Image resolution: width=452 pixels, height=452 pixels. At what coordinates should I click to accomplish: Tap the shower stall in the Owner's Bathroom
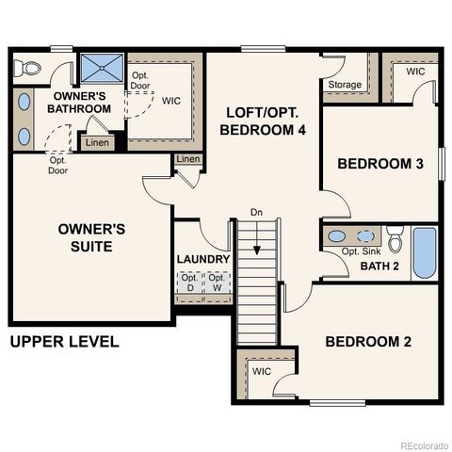pyautogui.click(x=95, y=69)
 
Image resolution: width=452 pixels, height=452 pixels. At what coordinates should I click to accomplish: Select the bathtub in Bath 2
pyautogui.click(x=425, y=251)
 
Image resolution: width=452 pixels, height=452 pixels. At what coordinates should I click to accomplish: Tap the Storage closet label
pyautogui.click(x=345, y=86)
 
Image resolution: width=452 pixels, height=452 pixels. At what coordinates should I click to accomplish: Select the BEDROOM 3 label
pyautogui.click(x=380, y=164)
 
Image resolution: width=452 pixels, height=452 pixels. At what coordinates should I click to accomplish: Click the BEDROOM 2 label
pyautogui.click(x=368, y=341)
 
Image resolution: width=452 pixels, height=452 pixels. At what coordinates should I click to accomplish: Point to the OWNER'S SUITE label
pyautogui.click(x=85, y=237)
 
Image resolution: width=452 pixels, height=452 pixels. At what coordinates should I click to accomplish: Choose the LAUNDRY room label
pyautogui.click(x=203, y=259)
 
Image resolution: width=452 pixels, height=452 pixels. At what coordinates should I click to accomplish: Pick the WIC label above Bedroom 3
pyautogui.click(x=415, y=72)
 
